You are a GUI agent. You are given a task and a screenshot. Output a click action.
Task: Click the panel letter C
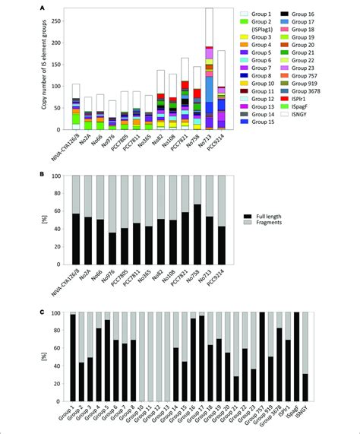[50, 307]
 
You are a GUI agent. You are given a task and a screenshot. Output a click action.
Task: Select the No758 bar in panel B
[197, 228]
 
